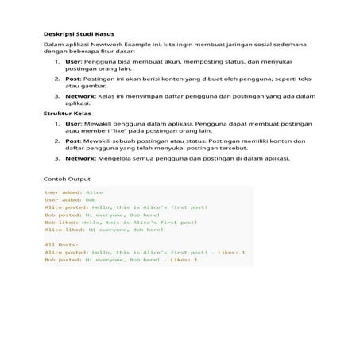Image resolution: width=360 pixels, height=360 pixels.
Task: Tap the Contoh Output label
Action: pos(68,180)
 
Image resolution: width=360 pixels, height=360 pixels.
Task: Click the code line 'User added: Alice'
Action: pos(74,192)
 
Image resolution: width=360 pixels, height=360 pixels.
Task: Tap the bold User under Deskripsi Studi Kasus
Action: pos(73,61)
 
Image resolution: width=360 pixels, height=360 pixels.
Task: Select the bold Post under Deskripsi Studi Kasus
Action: pos(72,79)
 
